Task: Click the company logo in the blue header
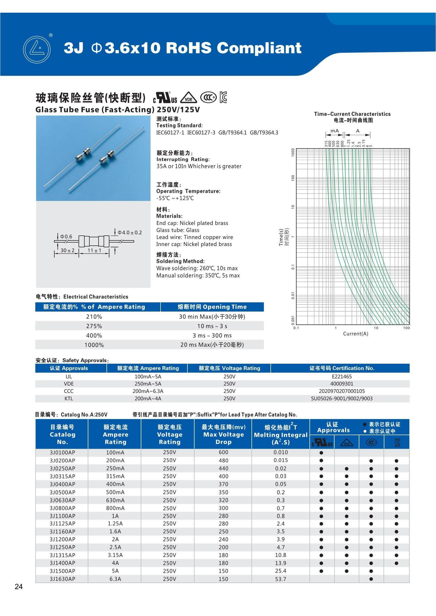(x=37, y=50)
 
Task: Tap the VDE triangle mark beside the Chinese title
(x=188, y=98)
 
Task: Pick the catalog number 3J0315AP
(x=62, y=476)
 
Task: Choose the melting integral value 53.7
(x=280, y=579)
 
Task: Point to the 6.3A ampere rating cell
(x=115, y=579)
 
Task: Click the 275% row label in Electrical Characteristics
(x=94, y=326)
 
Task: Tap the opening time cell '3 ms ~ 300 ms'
(x=212, y=335)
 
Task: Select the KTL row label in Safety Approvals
(x=69, y=398)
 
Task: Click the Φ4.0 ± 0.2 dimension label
(x=130, y=232)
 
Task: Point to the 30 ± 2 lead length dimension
(x=67, y=250)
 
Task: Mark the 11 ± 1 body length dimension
(x=94, y=250)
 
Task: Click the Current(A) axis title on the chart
(x=355, y=334)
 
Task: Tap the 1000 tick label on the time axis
(x=293, y=152)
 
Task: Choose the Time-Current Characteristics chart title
(x=352, y=114)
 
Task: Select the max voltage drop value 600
(x=223, y=452)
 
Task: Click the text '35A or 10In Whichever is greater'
(x=199, y=166)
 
